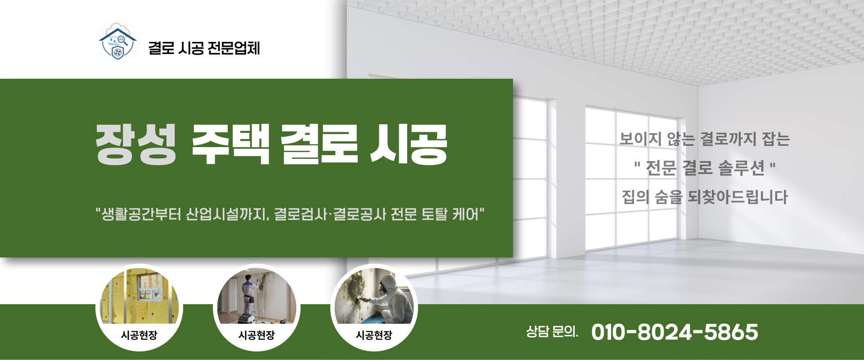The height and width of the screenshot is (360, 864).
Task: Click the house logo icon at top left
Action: [117, 43]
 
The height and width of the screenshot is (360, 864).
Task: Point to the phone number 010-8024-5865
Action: [675, 332]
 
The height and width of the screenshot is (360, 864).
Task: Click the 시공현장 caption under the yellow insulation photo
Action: [139, 335]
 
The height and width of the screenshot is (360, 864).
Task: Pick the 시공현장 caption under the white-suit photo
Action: [374, 335]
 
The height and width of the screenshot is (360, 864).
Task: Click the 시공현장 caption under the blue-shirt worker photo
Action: [256, 335]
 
